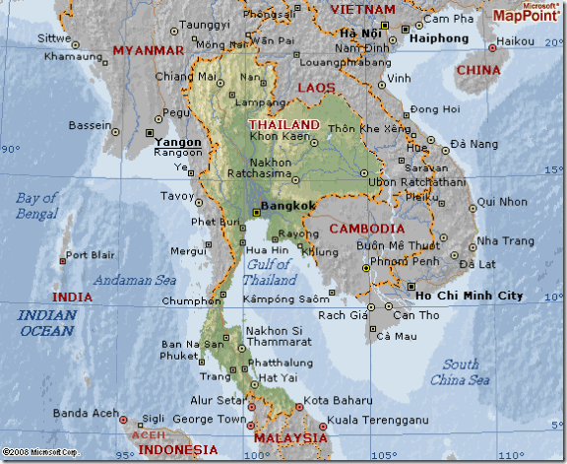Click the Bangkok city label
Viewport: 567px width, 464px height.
point(286,205)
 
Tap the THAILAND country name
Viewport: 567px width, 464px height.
point(284,125)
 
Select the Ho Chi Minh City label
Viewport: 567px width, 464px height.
point(469,296)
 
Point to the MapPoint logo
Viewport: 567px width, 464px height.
point(525,13)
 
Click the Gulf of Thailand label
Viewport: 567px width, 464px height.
point(269,272)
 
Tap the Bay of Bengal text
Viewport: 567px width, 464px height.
point(36,206)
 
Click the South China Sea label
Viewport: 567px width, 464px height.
point(461,372)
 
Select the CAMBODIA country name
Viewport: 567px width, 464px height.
point(367,229)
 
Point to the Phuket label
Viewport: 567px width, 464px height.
point(176,357)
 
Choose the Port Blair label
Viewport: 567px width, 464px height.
point(91,256)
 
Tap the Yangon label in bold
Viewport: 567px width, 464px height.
point(178,142)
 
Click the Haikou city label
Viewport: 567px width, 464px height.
point(515,41)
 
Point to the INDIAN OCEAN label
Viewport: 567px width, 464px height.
point(46,323)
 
